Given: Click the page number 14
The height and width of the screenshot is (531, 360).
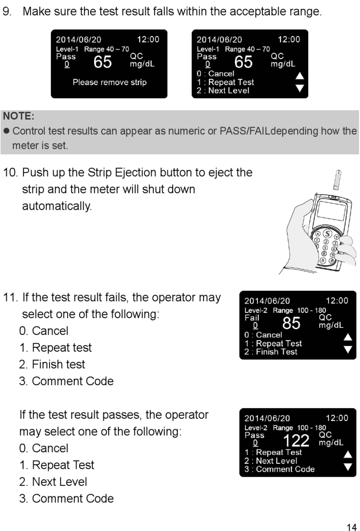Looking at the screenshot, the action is click(351, 527).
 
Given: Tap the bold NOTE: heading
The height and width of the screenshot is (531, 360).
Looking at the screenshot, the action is click(19, 116).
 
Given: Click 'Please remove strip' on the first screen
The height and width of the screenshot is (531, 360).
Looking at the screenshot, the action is click(110, 82).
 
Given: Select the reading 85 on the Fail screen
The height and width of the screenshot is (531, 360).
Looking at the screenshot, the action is click(291, 323).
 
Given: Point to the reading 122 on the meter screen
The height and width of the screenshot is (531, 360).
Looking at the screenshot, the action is click(296, 440).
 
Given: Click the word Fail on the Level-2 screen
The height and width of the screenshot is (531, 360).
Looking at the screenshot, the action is click(252, 318).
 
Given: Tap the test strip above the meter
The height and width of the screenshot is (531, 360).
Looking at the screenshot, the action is click(337, 180).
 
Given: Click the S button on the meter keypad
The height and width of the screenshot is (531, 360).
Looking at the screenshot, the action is click(327, 233).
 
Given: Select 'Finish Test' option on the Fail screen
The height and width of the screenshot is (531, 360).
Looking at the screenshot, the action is click(276, 352).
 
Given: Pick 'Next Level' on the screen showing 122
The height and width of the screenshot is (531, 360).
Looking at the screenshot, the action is click(276, 461).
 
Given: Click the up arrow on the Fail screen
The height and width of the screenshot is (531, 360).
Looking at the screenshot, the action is click(347, 337).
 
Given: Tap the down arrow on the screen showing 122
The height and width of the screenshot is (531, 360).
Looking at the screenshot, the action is click(347, 467).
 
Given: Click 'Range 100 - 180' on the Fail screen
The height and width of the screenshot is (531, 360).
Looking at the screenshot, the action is click(299, 310).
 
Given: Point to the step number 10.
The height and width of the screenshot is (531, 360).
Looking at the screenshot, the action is click(10, 173).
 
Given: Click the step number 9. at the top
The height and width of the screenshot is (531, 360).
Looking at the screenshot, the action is click(7, 11).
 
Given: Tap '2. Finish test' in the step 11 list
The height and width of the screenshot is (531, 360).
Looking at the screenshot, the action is click(52, 364).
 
